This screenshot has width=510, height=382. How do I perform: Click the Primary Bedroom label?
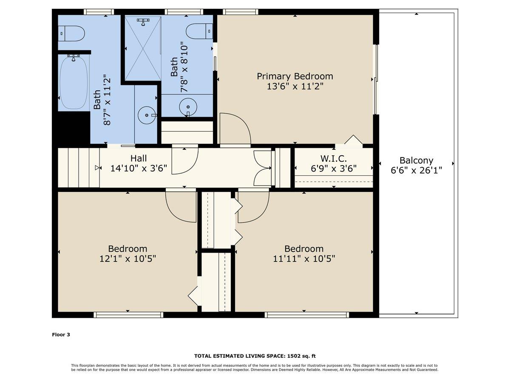point(295,76)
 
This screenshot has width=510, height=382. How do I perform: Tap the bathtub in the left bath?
point(74,82)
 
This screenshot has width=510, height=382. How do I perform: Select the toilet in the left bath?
point(71,34)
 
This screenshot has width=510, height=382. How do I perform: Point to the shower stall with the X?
point(143,49)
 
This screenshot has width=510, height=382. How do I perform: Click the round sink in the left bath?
point(147,115)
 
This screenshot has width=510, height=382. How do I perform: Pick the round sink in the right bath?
point(188,107)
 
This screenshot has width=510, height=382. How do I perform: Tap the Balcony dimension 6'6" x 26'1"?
point(416,171)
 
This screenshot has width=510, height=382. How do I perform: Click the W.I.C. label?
point(334,159)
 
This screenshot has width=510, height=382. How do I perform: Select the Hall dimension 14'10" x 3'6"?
point(139,168)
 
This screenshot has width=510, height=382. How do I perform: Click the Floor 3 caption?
point(61,334)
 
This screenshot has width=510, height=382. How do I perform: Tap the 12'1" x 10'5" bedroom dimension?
point(127,258)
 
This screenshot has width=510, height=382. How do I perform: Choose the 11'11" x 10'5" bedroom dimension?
point(304,258)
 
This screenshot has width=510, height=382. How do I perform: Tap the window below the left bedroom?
point(128,315)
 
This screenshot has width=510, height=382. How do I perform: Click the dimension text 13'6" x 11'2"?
point(295,87)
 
